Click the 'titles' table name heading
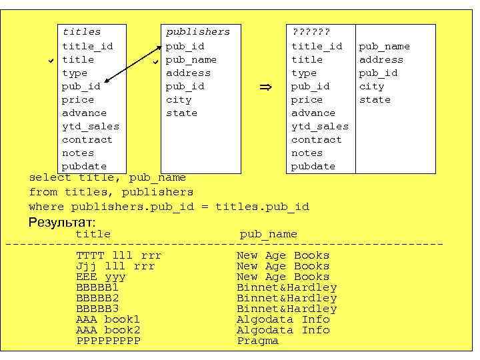81,32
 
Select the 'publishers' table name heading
197,32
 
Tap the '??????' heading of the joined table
311,32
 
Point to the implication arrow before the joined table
265,87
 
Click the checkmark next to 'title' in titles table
51,61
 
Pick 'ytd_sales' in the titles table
91,126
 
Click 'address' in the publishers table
188,73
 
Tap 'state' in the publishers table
181,113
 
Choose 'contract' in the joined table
316,139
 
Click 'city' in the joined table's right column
371,86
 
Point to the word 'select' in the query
50,177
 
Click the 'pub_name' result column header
268,234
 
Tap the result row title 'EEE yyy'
101,277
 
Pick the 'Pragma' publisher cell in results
257,341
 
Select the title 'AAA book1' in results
108,319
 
